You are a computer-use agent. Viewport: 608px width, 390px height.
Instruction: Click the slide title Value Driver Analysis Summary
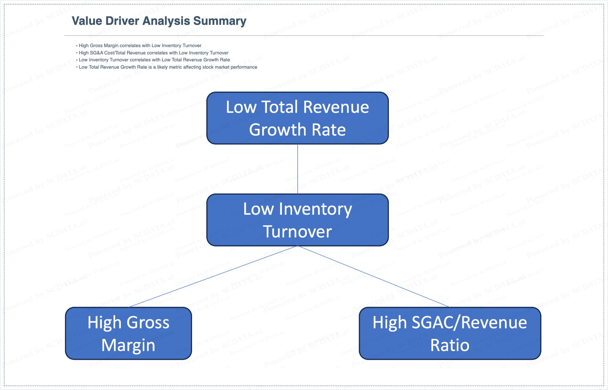(x=159, y=21)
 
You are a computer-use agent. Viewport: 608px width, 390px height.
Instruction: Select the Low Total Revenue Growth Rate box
(x=298, y=118)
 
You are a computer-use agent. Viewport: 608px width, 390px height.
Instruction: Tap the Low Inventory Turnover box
(x=298, y=220)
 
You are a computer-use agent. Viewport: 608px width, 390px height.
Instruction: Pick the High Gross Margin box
(x=129, y=333)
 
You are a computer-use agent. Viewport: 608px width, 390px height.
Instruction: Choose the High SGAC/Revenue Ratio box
(x=450, y=333)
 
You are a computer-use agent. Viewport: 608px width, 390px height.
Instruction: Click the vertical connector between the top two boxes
(x=298, y=169)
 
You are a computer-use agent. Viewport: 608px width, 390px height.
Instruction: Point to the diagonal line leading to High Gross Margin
(x=213, y=276)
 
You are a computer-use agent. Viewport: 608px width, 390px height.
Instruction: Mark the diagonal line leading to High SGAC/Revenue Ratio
(x=374, y=276)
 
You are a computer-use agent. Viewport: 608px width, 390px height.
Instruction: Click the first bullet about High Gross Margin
(x=139, y=46)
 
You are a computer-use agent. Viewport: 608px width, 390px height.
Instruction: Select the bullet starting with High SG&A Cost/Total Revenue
(x=152, y=53)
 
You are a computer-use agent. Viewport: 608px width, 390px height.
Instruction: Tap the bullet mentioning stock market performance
(x=167, y=67)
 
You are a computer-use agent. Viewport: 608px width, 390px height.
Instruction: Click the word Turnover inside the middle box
(x=298, y=232)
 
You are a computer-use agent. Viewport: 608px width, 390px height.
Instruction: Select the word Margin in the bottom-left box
(x=129, y=345)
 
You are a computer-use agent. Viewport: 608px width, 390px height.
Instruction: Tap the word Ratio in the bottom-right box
(x=450, y=345)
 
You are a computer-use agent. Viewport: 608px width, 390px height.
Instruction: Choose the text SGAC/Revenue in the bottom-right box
(x=469, y=322)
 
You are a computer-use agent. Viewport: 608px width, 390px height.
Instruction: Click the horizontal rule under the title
(x=304, y=35)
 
